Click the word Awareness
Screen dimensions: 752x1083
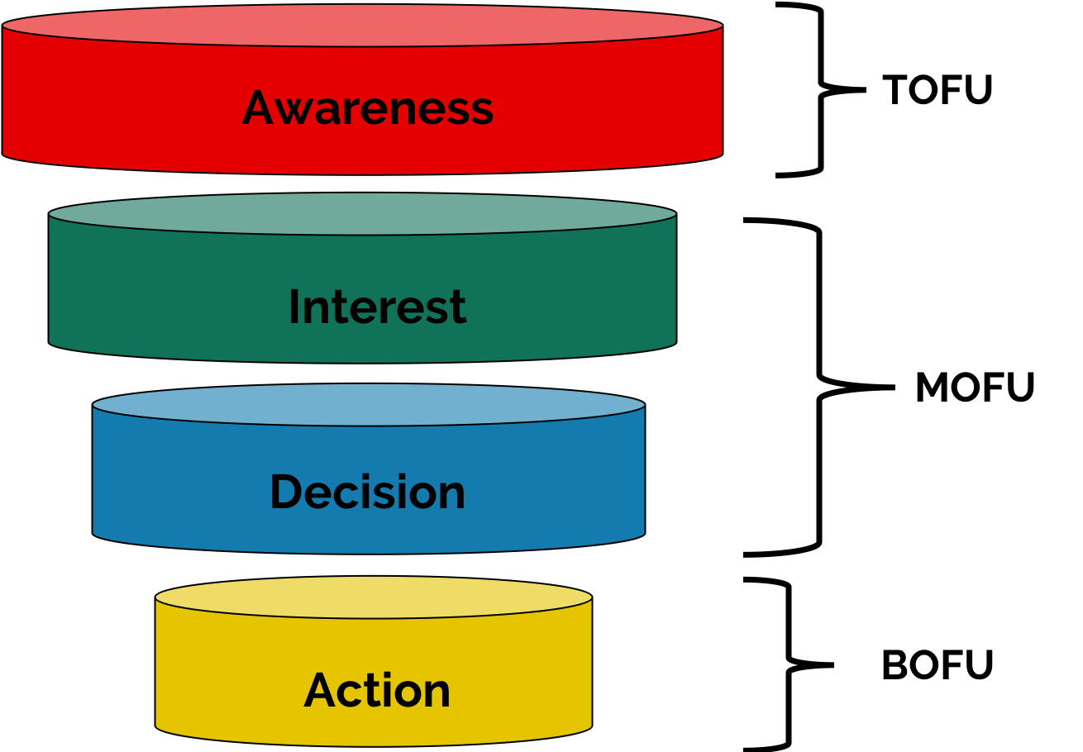(367, 108)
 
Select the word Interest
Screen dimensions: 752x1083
(377, 307)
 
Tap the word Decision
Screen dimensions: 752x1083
(367, 492)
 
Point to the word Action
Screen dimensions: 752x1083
(377, 691)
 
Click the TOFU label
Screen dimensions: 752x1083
(937, 90)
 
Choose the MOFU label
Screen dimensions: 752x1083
(975, 388)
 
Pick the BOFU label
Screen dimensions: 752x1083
(937, 665)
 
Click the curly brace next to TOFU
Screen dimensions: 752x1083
(821, 89)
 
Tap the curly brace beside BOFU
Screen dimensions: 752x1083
(788, 664)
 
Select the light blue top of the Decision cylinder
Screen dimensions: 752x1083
(368, 405)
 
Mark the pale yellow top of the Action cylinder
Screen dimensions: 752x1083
(374, 597)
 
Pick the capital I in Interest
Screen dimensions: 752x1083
(294, 307)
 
